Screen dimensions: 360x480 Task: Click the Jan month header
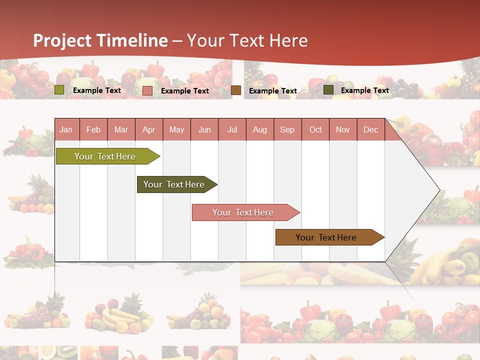[x=66, y=129]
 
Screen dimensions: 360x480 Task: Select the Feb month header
[x=93, y=129]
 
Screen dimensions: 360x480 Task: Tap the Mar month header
[x=121, y=129]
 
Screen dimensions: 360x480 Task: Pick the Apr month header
[x=149, y=129]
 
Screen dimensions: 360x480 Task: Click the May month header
[x=176, y=129]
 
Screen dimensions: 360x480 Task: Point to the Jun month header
[x=204, y=129]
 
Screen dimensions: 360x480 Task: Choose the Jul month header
[x=232, y=129]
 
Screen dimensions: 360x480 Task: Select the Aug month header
[x=260, y=129]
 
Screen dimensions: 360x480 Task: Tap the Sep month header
[x=287, y=129]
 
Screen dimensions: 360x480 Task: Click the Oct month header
[x=315, y=129]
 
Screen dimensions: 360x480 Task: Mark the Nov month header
[x=343, y=129]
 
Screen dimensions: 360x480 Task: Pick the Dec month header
[x=371, y=129]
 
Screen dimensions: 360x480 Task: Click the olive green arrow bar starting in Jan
[x=105, y=156]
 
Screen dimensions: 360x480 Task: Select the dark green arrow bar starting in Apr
[x=174, y=184]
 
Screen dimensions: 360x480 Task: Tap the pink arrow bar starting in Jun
[x=243, y=212]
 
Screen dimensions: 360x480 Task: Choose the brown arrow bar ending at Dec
[x=326, y=237]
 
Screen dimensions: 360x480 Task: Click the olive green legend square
[x=59, y=90]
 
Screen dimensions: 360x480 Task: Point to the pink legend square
[x=147, y=90]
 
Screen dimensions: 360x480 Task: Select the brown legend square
[x=236, y=90]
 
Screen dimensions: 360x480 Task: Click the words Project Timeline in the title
[x=100, y=40]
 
